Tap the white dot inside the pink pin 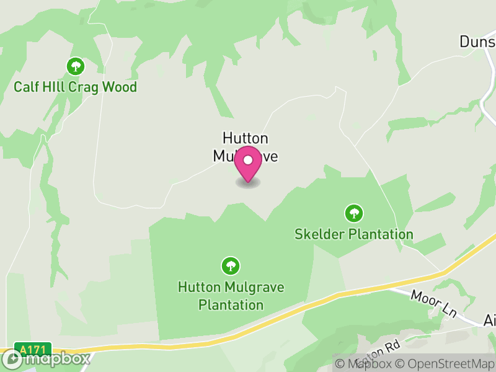[x=248, y=160]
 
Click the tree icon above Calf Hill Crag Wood [x=76, y=66]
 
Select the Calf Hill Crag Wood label [x=76, y=87]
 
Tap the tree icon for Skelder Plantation [x=354, y=214]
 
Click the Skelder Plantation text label [x=354, y=234]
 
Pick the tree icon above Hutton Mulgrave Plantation [x=231, y=267]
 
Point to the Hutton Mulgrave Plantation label [x=221, y=296]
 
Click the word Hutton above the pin [x=246, y=138]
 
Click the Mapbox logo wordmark [x=56, y=358]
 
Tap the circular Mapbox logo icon [x=12, y=358]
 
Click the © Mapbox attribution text [x=366, y=364]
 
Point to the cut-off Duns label [x=477, y=42]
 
